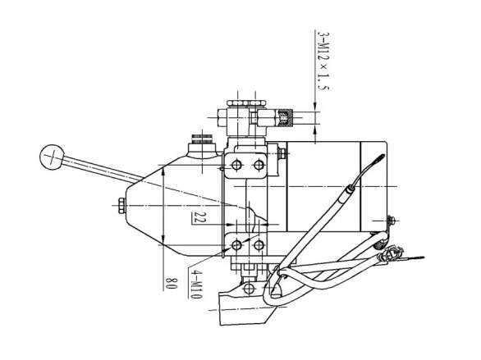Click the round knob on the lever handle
point(53,157)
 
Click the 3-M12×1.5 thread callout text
point(323,61)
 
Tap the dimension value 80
point(172,283)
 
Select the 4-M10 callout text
point(195,284)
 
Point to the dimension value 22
point(197,217)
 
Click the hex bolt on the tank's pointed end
point(121,205)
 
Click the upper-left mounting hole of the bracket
point(236,166)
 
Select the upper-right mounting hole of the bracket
point(259,166)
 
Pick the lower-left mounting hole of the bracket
point(236,245)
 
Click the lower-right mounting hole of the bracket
point(259,245)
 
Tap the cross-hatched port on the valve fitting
point(286,117)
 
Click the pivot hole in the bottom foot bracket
point(249,289)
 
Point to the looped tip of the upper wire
point(379,159)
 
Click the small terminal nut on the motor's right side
point(391,221)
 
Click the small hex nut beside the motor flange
point(282,153)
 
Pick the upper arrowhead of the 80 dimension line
point(163,172)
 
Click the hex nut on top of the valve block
point(246,103)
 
